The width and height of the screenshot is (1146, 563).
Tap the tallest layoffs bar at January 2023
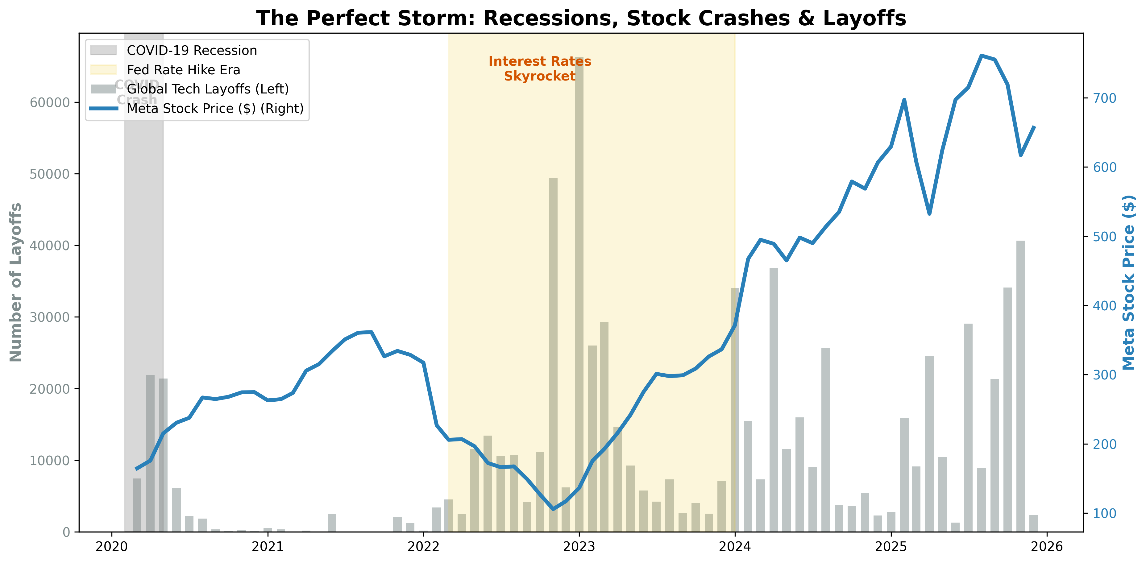(x=579, y=293)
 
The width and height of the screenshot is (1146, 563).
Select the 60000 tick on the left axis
(x=50, y=103)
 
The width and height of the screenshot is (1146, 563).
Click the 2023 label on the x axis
(x=579, y=547)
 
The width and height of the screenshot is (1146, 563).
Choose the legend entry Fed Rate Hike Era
(x=183, y=70)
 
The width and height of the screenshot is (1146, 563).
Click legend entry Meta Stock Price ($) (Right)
(x=215, y=109)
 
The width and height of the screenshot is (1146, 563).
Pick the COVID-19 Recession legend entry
(x=192, y=51)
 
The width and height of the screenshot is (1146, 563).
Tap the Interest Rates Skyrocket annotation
(x=540, y=69)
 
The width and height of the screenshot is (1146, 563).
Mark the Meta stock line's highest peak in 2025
(x=982, y=56)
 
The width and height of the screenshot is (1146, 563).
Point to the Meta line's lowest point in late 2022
(x=553, y=509)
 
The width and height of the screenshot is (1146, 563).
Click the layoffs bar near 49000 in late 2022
(x=553, y=356)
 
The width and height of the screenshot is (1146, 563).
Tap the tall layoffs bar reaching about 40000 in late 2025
(x=1020, y=387)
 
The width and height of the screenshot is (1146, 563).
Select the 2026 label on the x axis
(x=1046, y=547)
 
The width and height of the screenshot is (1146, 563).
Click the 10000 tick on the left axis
(x=50, y=461)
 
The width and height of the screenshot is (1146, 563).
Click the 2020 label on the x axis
(x=112, y=547)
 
